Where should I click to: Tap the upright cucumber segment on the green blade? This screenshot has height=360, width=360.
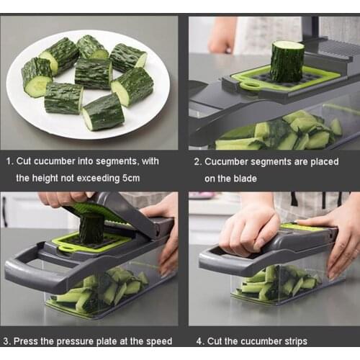(287, 61)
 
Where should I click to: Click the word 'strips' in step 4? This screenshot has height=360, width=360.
(292, 341)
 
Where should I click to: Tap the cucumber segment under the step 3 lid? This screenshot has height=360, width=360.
(91, 228)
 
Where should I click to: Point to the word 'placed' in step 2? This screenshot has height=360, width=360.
(323, 161)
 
